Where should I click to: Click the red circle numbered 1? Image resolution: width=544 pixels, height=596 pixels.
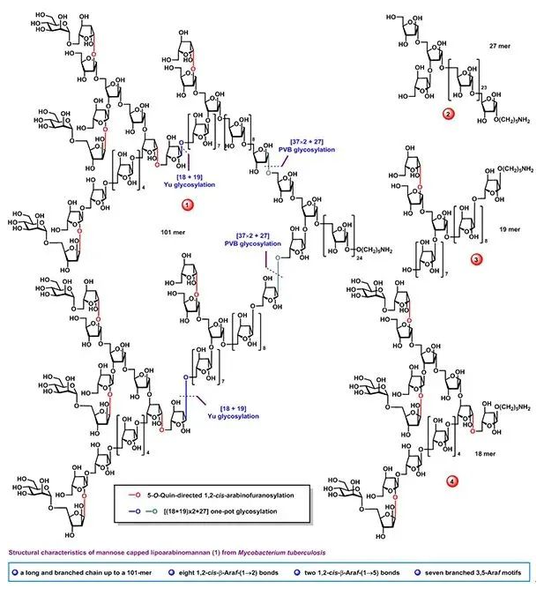tap(188, 205)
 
